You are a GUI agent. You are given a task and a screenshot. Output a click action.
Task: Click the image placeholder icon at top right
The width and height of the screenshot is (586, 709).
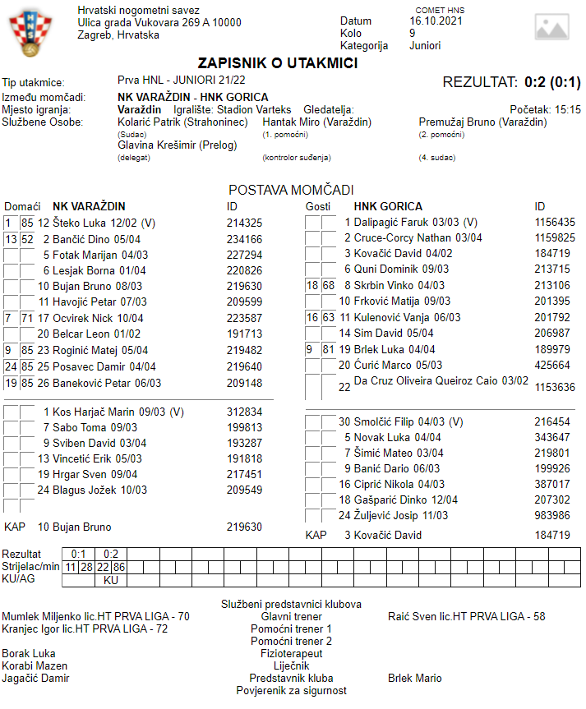click(551, 27)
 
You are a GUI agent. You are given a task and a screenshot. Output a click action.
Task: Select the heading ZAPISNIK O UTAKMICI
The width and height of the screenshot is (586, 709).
click(277, 63)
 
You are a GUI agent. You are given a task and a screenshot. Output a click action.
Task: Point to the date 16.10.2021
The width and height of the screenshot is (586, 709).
click(436, 21)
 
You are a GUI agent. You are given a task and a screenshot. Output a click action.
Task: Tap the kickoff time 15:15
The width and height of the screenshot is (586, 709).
click(568, 109)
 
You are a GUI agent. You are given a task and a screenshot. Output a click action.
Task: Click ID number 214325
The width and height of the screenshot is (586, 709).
click(244, 223)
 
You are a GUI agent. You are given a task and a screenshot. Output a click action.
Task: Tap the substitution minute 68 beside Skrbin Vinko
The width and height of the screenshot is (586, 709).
click(329, 285)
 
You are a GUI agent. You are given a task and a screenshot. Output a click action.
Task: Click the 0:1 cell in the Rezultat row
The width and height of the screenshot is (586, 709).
click(79, 554)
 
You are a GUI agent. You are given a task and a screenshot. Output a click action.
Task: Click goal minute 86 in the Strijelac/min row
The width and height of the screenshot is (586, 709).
click(118, 567)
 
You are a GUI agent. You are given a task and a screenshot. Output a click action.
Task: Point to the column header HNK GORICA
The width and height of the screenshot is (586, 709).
click(388, 206)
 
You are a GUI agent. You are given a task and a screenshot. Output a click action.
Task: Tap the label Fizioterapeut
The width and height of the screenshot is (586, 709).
click(291, 653)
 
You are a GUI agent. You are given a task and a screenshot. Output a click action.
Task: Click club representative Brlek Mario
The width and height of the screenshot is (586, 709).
click(414, 678)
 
